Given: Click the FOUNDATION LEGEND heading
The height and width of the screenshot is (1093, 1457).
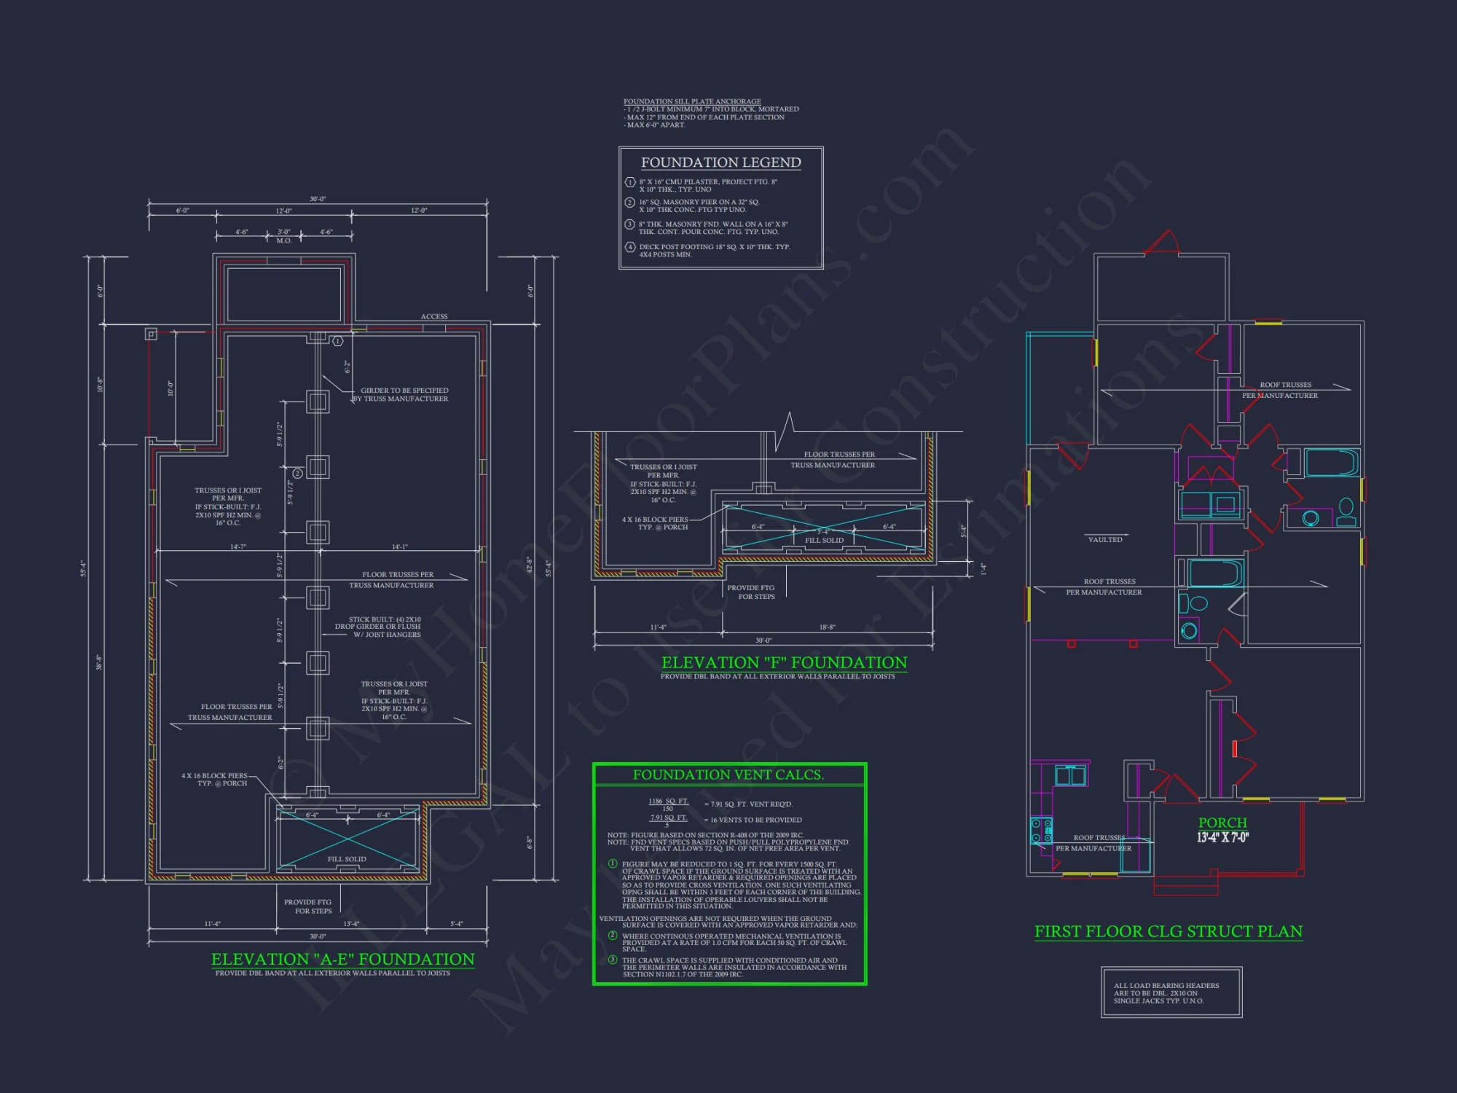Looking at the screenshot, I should [x=720, y=162].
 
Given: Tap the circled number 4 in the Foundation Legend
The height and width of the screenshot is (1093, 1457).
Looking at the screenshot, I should [x=630, y=247].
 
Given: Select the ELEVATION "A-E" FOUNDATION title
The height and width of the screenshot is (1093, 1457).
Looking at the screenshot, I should [x=342, y=959].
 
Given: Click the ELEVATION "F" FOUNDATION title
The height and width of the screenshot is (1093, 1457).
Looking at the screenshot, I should [x=784, y=662].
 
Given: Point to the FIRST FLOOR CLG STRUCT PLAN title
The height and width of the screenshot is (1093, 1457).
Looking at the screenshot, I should [x=1168, y=931].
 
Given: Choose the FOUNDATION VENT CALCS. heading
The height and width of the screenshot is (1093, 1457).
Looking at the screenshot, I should [x=728, y=775].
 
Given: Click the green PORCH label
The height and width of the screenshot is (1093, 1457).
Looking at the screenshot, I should [x=1222, y=823].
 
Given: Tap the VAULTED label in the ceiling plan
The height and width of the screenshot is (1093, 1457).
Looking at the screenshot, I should [x=1105, y=540].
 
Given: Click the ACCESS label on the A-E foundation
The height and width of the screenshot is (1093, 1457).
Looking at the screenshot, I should [x=434, y=316].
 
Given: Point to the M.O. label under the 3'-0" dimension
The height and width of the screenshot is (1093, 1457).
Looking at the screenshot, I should [x=283, y=240].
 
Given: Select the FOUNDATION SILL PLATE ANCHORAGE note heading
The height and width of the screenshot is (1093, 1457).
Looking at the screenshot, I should [x=692, y=101].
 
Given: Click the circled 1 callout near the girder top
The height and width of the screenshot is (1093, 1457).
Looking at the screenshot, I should [x=338, y=341].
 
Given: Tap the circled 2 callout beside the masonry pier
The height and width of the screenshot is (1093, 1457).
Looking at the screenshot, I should [x=297, y=474].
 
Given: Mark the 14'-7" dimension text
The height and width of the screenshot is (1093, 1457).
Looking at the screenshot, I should [x=238, y=546].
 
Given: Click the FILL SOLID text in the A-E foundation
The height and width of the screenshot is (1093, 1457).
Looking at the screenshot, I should [x=347, y=859].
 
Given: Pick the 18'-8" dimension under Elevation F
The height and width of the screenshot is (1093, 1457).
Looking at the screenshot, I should [x=827, y=627].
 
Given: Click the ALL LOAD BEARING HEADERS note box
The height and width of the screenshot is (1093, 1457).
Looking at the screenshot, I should [x=1171, y=992].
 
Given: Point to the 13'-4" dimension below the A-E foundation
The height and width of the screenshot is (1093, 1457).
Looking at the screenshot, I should [x=351, y=924].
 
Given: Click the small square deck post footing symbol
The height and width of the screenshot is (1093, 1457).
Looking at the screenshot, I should [x=151, y=334].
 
